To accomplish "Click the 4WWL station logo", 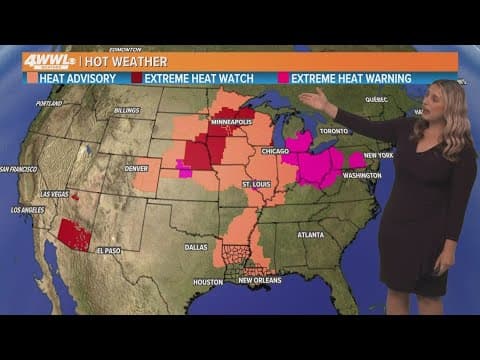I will pyautogui.click(x=47, y=61).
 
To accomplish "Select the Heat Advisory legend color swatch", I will pyautogui.click(x=33, y=78).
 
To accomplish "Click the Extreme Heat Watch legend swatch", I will pyautogui.click(x=136, y=78).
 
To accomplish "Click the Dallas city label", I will pyautogui.click(x=196, y=246).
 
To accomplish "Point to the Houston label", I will pyautogui.click(x=208, y=281).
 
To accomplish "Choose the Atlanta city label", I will pyautogui.click(x=310, y=234).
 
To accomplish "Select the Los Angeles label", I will pyautogui.click(x=27, y=210).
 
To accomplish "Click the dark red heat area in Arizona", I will pyautogui.click(x=73, y=235).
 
